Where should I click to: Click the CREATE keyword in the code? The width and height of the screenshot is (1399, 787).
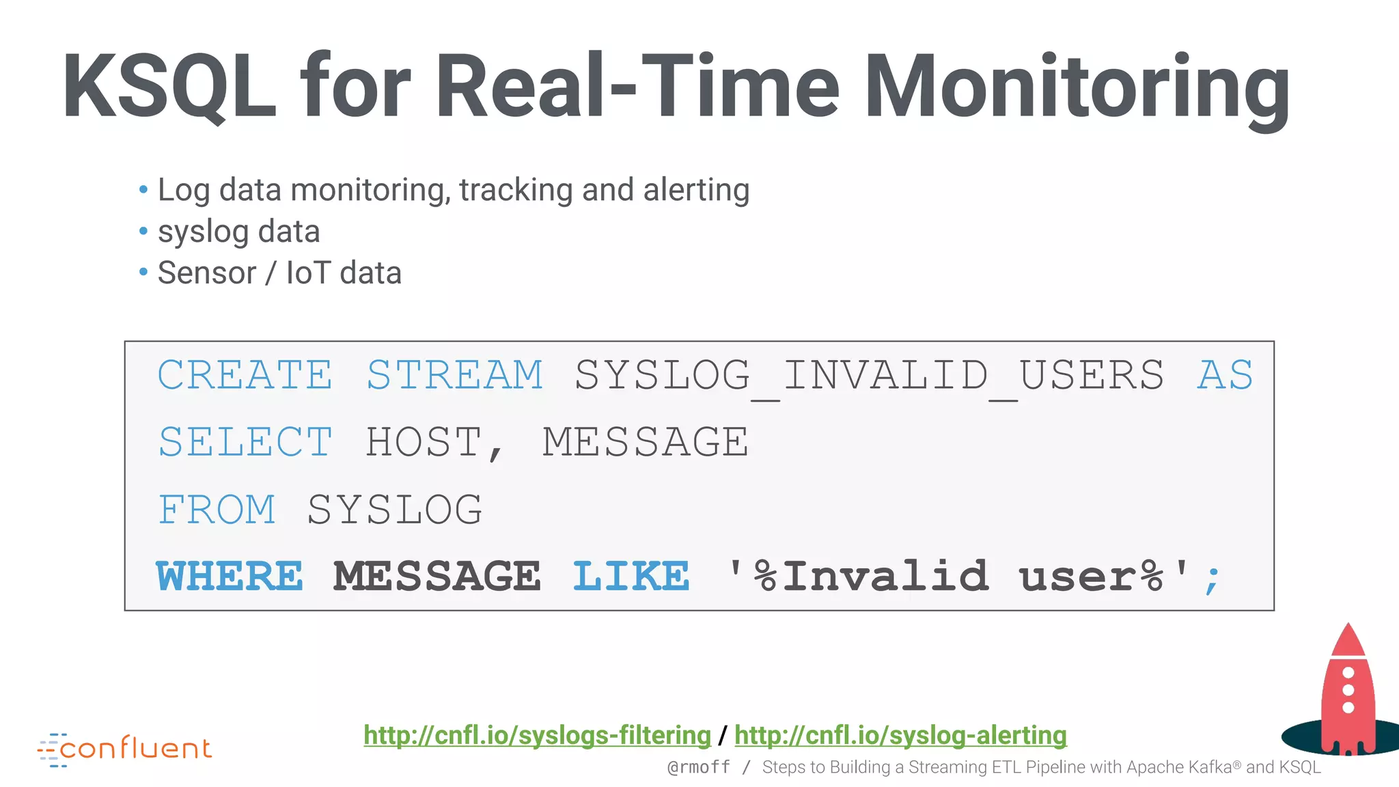245,375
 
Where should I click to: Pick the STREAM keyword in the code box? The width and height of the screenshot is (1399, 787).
455,375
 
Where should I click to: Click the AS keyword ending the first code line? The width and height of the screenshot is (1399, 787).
1225,375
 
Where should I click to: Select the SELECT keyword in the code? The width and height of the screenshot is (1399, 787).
245,442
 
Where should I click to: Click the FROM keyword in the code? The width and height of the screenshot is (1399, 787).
217,510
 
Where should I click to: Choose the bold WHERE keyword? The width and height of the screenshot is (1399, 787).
230,576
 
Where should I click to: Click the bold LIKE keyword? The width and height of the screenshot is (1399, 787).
631,576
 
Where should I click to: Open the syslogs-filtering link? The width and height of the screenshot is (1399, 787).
537,735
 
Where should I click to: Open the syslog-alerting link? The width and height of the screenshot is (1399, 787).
900,735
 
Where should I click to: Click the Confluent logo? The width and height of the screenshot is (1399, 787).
125,749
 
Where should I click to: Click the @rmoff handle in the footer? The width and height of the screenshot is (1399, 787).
698,767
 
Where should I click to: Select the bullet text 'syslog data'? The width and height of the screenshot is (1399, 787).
238,232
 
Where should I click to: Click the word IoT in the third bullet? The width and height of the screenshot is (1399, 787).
308,273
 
